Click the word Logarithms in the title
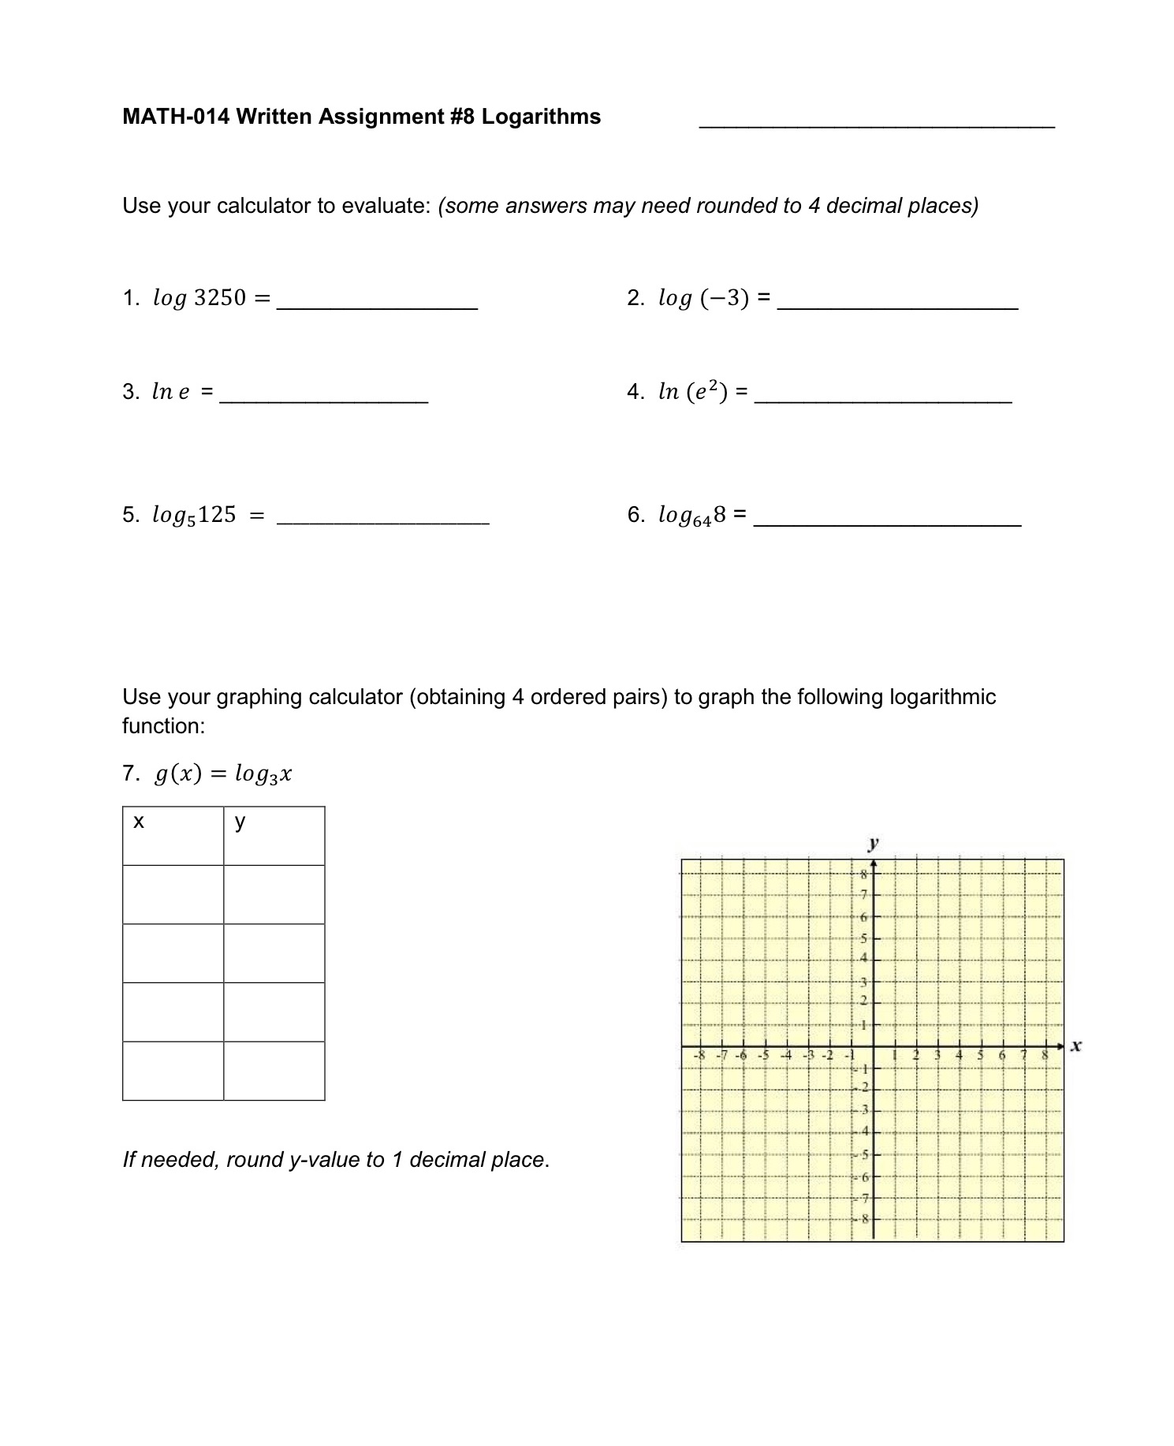(x=541, y=117)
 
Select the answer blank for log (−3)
(x=897, y=306)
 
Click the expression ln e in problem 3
(x=170, y=391)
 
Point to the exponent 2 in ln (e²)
(x=713, y=384)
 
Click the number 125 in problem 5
(x=217, y=515)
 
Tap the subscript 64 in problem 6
(x=702, y=521)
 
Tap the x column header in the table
(x=139, y=822)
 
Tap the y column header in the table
(x=240, y=822)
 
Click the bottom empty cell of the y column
(x=274, y=1071)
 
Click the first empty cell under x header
(x=173, y=894)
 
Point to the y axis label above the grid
(x=873, y=843)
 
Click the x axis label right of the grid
(x=1076, y=1045)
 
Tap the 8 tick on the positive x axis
(x=1045, y=1054)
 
